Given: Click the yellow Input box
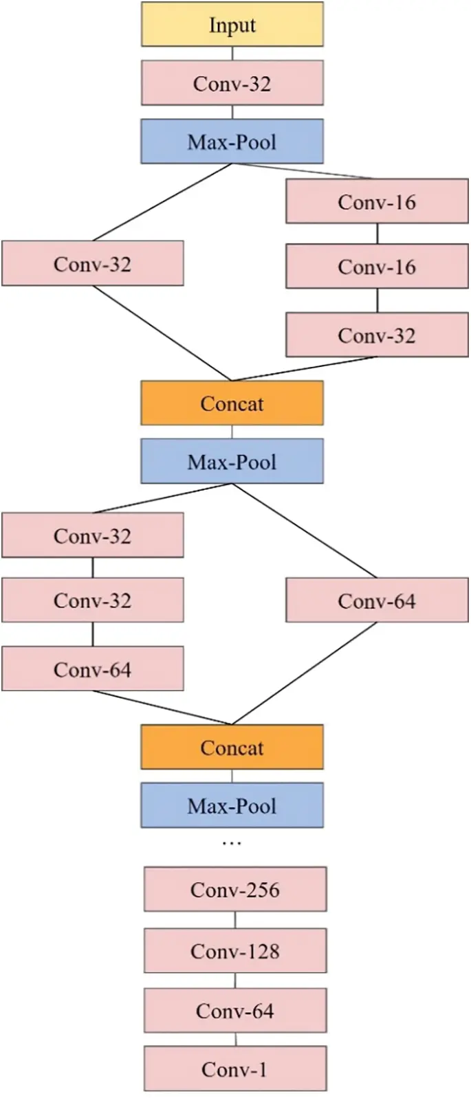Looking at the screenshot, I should click(232, 25).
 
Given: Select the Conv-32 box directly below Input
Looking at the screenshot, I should click(232, 83).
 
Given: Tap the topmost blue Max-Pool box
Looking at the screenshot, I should click(232, 142).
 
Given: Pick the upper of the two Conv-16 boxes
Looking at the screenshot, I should click(377, 201).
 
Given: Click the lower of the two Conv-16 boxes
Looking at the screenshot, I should click(377, 266).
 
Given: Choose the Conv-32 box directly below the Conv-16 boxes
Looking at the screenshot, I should click(377, 335).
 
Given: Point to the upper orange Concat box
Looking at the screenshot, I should click(232, 403).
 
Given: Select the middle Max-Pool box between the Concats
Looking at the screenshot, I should click(232, 461).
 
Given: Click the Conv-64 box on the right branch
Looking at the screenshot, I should click(377, 601).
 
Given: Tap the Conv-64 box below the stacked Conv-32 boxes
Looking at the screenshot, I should click(93, 669).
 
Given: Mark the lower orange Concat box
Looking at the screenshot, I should click(232, 747).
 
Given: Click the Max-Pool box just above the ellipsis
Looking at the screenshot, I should click(232, 805).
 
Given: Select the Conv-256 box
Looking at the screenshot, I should click(235, 889).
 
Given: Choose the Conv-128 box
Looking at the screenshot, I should click(235, 951).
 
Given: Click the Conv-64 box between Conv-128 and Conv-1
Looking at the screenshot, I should click(235, 1010).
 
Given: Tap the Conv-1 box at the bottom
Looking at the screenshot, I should click(235, 1068).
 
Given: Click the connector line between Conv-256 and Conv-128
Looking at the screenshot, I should click(235, 920).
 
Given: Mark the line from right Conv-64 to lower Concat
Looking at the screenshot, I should click(305, 673).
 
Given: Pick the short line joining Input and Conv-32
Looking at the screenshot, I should click(232, 54).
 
